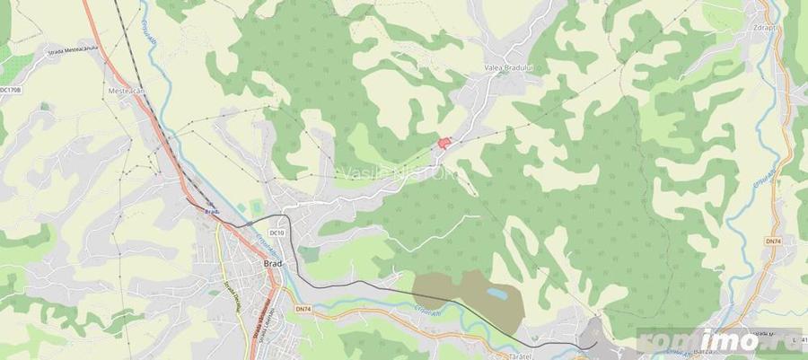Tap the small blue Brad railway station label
coord(212,212)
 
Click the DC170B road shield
coord(11,90)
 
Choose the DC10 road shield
coord(277,233)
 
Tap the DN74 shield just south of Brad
coord(303,310)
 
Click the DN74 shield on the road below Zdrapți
coord(772,241)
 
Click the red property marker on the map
coord(443,143)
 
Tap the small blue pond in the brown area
coord(496,294)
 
